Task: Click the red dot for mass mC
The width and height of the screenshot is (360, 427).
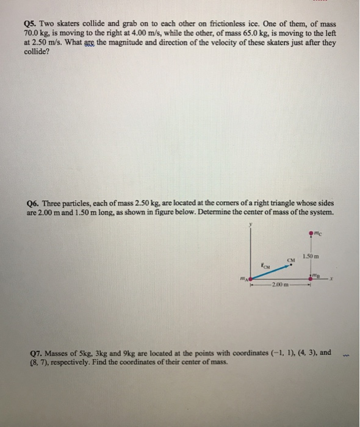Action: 311,231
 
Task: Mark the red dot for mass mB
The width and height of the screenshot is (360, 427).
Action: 311,279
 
